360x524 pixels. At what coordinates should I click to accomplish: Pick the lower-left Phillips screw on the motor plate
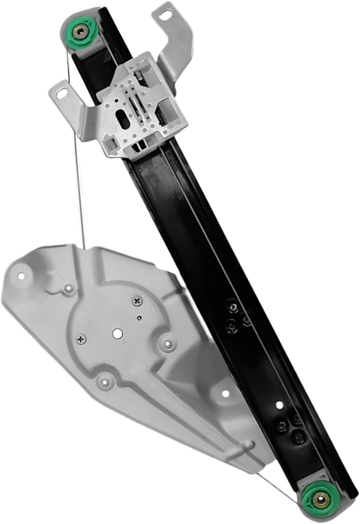[81, 338]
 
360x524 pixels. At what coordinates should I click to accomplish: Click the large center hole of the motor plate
[117, 334]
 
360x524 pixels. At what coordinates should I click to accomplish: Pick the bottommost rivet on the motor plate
[105, 381]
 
